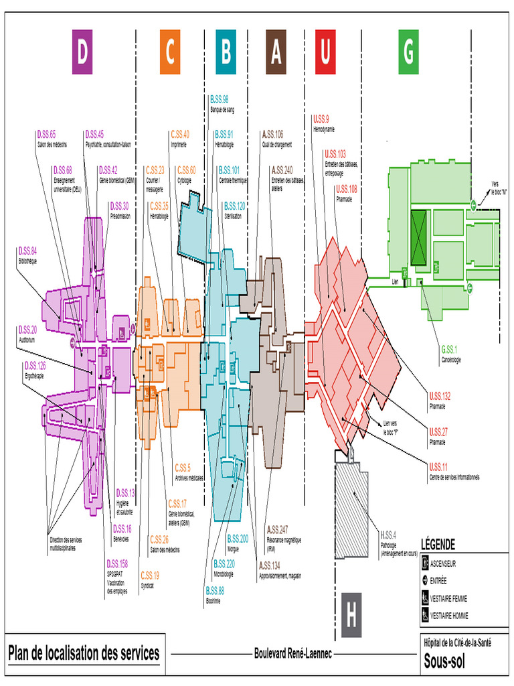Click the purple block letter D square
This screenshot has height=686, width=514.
click(82, 52)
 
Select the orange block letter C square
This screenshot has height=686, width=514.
click(170, 52)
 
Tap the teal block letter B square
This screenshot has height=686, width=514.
click(226, 52)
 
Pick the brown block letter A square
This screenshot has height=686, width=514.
click(276, 52)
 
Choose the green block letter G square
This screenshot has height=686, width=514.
click(408, 52)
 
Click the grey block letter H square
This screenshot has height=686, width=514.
click(351, 614)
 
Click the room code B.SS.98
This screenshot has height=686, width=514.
click(219, 99)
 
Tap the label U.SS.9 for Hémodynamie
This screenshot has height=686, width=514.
click(321, 119)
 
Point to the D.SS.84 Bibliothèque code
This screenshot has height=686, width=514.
click(27, 251)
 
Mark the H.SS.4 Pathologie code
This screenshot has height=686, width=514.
click(388, 535)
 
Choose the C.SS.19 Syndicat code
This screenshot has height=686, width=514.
click(150, 575)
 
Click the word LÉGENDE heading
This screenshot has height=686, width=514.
click(438, 544)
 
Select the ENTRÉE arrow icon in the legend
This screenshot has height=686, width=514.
click(424, 581)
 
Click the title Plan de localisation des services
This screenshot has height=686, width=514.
click(84, 653)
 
